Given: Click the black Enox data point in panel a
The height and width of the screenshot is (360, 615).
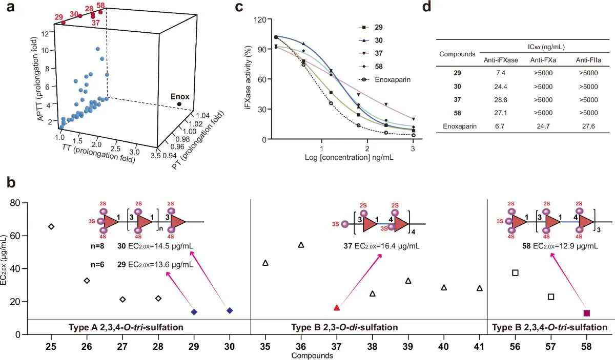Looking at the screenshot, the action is click(x=179, y=104).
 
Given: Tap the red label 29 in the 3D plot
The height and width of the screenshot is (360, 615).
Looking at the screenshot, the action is click(x=59, y=17).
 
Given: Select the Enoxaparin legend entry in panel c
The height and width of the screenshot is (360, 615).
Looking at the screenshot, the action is click(x=385, y=79).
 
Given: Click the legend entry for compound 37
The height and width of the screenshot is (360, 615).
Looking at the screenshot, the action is click(x=371, y=53).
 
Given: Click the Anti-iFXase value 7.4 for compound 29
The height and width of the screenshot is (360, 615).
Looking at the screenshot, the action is click(x=501, y=73).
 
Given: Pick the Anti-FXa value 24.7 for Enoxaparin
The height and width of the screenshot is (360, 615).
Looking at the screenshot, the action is click(x=543, y=126).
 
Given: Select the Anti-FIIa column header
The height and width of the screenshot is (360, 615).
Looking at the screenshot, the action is click(x=588, y=60).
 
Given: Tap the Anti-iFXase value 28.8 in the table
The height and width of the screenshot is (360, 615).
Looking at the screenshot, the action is click(x=501, y=100).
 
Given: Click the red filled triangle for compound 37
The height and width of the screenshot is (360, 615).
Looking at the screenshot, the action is click(x=337, y=308).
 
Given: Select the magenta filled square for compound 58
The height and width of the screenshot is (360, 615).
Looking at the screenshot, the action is click(x=587, y=313).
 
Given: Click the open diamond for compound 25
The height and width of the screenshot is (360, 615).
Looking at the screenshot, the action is click(x=51, y=226).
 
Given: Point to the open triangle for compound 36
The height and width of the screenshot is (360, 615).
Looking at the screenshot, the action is click(x=301, y=245).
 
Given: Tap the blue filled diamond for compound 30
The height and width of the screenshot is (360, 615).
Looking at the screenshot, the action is click(x=230, y=311).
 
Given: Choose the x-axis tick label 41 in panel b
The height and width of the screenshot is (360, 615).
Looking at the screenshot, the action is click(x=479, y=347).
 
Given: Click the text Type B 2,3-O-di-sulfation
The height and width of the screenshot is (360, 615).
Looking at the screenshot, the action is click(x=344, y=327).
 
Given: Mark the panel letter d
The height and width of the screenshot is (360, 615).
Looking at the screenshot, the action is click(x=426, y=7).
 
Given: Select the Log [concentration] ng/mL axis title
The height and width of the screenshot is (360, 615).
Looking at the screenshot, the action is click(x=349, y=158).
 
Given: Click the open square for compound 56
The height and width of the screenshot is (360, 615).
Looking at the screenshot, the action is click(x=516, y=273).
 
